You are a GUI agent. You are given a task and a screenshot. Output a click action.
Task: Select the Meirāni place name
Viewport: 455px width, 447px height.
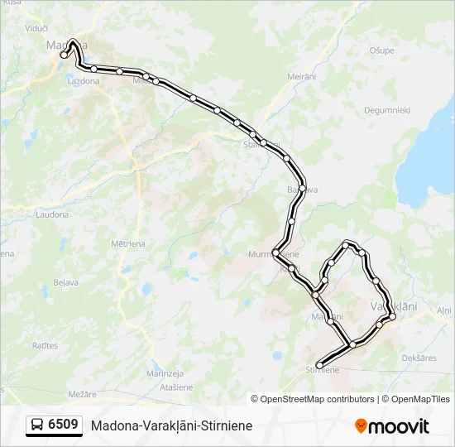pyautogui.click(x=302, y=77)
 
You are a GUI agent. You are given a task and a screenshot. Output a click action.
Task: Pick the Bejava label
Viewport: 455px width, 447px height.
pyautogui.click(x=65, y=282)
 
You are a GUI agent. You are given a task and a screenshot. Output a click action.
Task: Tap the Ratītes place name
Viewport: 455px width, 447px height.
pyautogui.click(x=45, y=344)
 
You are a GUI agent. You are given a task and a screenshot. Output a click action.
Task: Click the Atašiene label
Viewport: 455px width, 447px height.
pyautogui.click(x=175, y=387)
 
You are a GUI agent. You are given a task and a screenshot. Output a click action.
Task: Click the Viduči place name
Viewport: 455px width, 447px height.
pyautogui.click(x=36, y=27)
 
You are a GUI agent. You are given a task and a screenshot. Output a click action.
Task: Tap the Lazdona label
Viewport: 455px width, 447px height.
pyautogui.click(x=84, y=81)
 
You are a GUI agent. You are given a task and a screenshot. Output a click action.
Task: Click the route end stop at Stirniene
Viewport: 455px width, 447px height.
pyautogui.click(x=319, y=365)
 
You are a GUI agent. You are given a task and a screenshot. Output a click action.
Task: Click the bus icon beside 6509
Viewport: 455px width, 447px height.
pyautogui.click(x=38, y=425)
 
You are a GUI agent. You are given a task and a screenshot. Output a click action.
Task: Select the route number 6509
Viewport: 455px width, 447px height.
pyautogui.click(x=64, y=425)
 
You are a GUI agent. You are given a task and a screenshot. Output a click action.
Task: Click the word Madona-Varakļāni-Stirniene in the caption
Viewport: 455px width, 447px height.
pyautogui.click(x=172, y=426)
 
